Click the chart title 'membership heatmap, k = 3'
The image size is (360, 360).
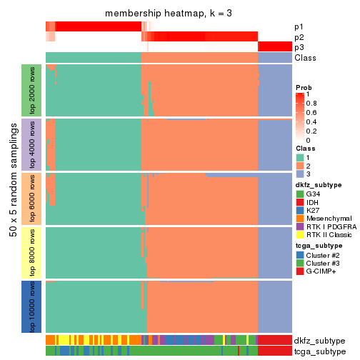coord(169,14)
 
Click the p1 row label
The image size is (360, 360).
coord(299,26)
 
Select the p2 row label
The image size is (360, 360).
coord(299,36)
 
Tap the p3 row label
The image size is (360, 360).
coord(299,47)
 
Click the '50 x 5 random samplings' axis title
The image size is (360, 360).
coord(12,197)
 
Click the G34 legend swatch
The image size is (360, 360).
coord(300,194)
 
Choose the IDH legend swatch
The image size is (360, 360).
coord(300,202)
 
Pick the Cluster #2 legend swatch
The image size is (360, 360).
coord(300,254)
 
